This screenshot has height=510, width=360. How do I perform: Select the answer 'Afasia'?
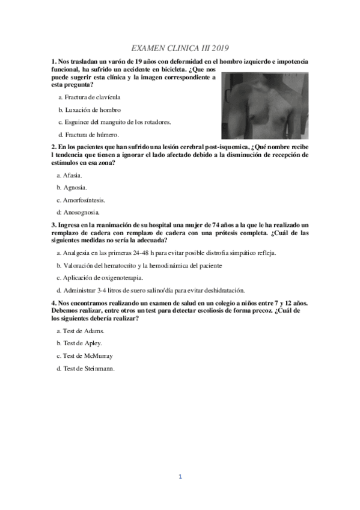point(72,175)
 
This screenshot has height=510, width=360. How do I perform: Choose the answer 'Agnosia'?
point(74,187)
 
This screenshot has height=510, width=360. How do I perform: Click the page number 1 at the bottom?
point(180,476)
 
